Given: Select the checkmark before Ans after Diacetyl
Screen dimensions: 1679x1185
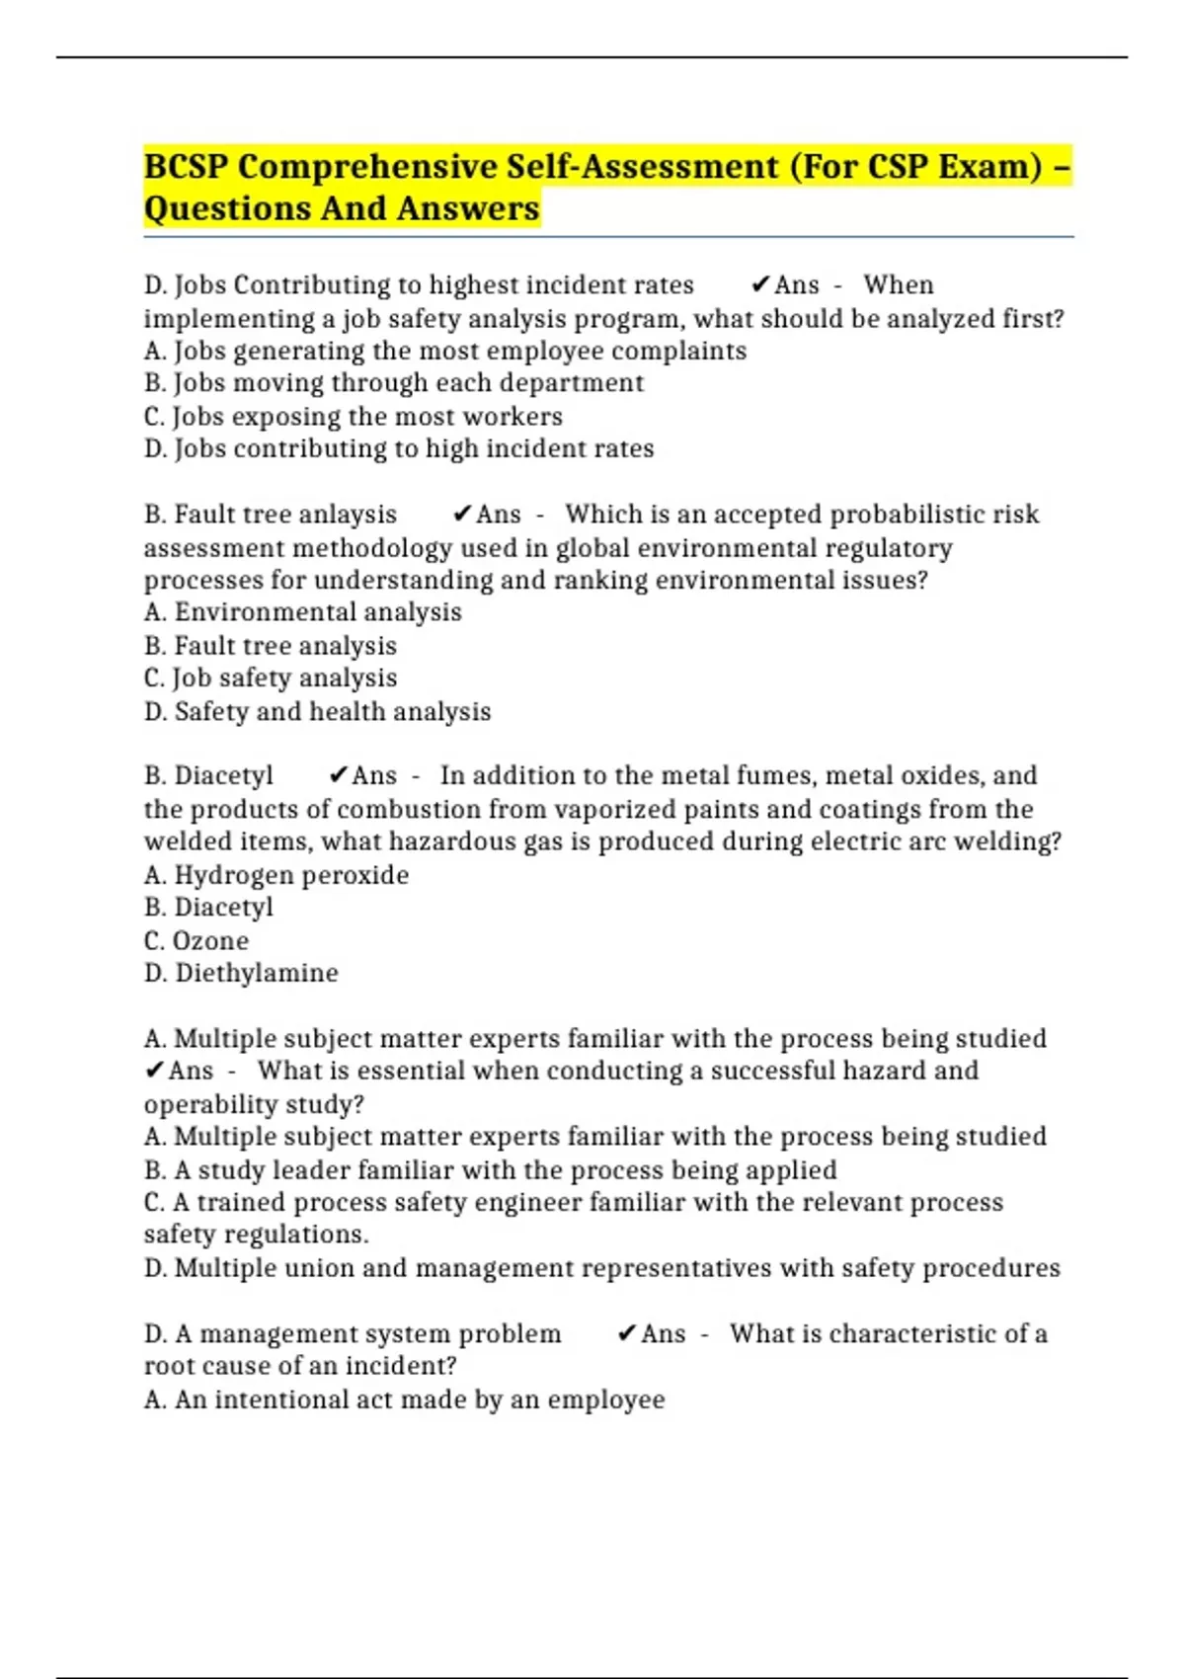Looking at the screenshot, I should coord(338,775).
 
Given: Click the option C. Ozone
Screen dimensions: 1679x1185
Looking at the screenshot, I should coord(196,940).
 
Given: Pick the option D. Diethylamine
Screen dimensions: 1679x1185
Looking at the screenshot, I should coord(241,973).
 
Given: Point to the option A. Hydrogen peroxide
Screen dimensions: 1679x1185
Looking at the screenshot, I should coord(276,875).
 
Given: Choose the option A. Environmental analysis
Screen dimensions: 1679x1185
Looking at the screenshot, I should coord(302,612).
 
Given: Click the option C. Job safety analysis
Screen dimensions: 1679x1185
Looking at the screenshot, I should coord(270,678).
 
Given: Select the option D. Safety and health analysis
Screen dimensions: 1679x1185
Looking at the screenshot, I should coord(317,711).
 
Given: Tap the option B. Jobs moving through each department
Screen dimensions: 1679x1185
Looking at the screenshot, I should coord(393,383).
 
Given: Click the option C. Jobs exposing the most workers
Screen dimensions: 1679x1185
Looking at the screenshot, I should coord(353,416).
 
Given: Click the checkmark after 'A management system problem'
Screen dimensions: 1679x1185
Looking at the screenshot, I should coord(626,1334).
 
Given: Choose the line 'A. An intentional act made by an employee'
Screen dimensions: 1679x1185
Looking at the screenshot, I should coord(404,1399).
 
